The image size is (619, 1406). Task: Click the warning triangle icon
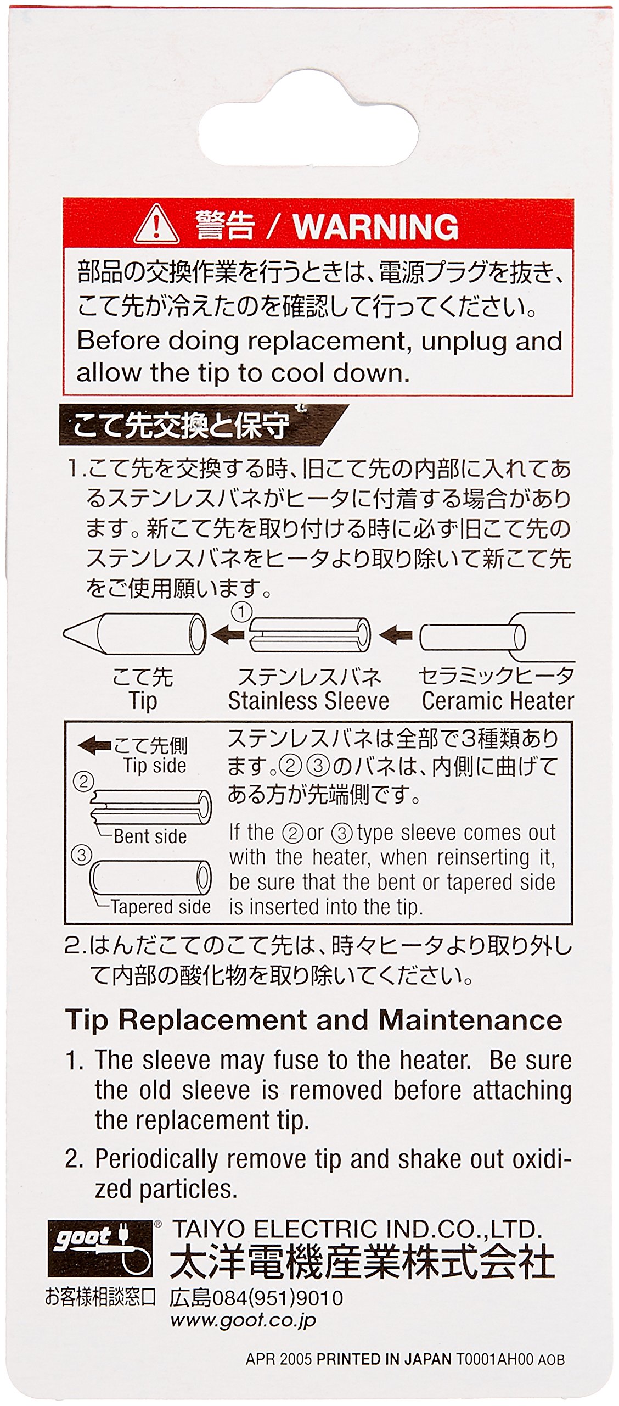coord(157,225)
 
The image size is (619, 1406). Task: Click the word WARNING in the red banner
coord(375,226)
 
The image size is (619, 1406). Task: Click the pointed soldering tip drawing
coord(135,634)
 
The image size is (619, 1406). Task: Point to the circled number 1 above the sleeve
coord(241,612)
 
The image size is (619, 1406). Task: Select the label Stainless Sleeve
coord(308,701)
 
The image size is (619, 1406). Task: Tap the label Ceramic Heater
coord(497,701)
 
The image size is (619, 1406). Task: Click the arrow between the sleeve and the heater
coord(396,636)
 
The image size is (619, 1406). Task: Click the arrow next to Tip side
coord(94,745)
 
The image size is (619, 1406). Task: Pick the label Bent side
coord(150,836)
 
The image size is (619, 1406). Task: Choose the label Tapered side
coord(160,907)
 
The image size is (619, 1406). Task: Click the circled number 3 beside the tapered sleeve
coord(82,855)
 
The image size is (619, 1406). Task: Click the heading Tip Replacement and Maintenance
coord(313,1020)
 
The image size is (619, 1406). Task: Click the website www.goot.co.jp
coord(243,1320)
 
